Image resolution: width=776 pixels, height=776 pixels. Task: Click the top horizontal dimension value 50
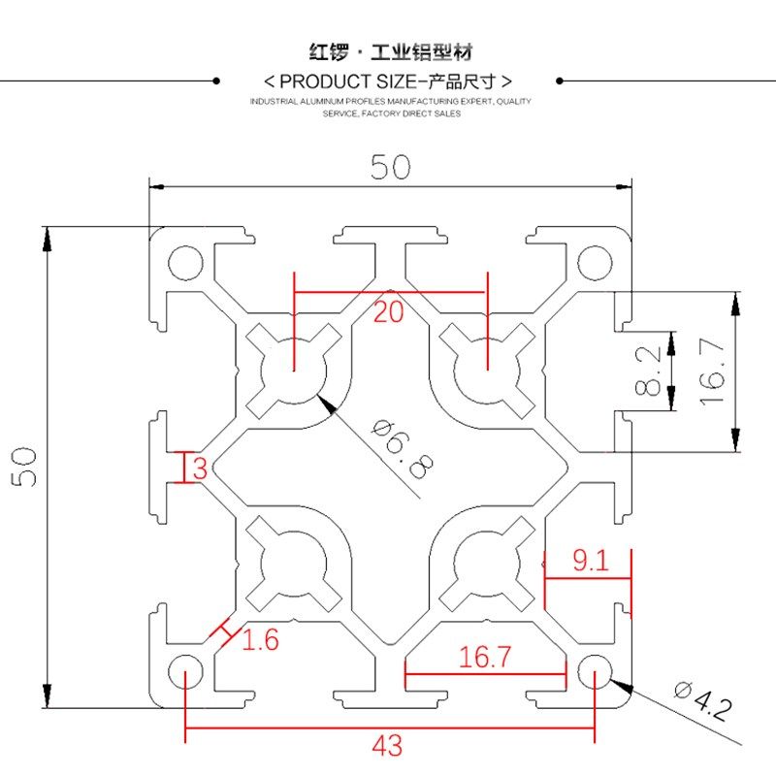point(390,168)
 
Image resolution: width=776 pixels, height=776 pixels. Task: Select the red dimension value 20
point(388,312)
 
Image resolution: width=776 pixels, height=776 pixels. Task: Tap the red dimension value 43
point(388,745)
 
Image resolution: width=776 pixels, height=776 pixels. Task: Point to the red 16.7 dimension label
point(484,658)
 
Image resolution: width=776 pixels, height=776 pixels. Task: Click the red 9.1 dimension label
point(590,561)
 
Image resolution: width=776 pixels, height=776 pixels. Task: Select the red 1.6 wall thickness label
point(260,639)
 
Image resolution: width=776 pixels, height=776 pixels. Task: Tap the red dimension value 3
point(200,469)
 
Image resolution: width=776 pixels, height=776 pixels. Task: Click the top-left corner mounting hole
point(182,262)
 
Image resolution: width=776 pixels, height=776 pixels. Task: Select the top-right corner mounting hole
point(594,262)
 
